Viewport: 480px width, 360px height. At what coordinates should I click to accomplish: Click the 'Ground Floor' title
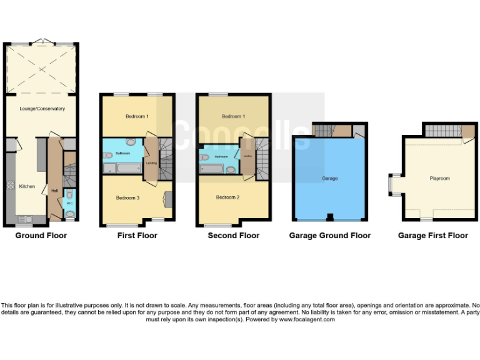click(x=41, y=236)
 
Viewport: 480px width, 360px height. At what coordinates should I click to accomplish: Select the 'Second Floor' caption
click(x=234, y=236)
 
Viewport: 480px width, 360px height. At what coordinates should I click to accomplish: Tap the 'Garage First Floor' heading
click(x=432, y=236)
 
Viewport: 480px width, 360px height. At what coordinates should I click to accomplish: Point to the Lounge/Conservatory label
click(x=42, y=109)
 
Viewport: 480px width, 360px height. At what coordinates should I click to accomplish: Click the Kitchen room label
click(x=27, y=186)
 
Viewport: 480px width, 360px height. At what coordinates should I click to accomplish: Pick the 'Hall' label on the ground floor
click(x=54, y=191)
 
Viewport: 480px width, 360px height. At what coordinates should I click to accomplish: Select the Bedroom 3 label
click(x=127, y=198)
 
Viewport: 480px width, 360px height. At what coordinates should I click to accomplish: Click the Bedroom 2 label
click(x=227, y=198)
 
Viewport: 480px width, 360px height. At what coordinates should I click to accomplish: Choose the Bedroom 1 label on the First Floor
click(x=137, y=117)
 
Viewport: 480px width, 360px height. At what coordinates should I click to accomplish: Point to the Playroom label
click(x=439, y=179)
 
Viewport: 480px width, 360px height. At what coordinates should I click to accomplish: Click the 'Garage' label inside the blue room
click(x=329, y=179)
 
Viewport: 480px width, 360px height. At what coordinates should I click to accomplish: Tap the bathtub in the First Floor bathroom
click(x=128, y=169)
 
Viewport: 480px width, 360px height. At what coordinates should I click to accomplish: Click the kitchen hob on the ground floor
click(x=10, y=186)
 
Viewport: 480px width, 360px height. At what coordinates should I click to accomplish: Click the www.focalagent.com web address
click(x=306, y=319)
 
